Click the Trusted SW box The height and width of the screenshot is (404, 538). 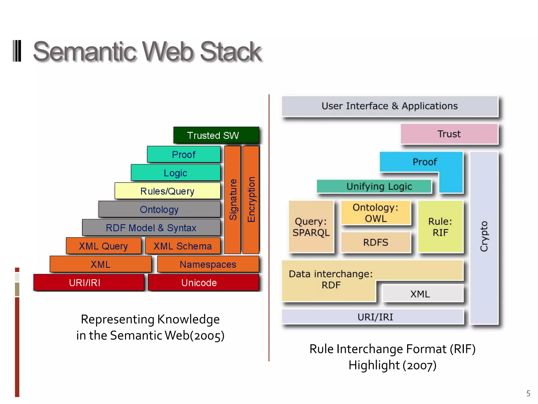216,135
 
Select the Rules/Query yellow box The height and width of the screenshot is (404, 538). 167,191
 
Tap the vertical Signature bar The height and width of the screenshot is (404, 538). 233,200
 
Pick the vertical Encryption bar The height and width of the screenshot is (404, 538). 251,200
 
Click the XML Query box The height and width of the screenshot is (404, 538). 104,246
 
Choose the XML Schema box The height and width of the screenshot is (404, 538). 183,246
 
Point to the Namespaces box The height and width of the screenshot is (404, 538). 208,264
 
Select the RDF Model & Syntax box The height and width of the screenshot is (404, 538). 151,228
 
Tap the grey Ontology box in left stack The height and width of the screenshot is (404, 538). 159,209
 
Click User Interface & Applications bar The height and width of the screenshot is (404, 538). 390,106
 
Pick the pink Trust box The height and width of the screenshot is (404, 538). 449,134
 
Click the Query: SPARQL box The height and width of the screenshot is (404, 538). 311,227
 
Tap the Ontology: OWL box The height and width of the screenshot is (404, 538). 375,213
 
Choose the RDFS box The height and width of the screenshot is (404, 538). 375,242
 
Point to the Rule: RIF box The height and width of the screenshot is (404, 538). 440,227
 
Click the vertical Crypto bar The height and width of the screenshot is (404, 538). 484,237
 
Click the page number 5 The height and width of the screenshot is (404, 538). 528,393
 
